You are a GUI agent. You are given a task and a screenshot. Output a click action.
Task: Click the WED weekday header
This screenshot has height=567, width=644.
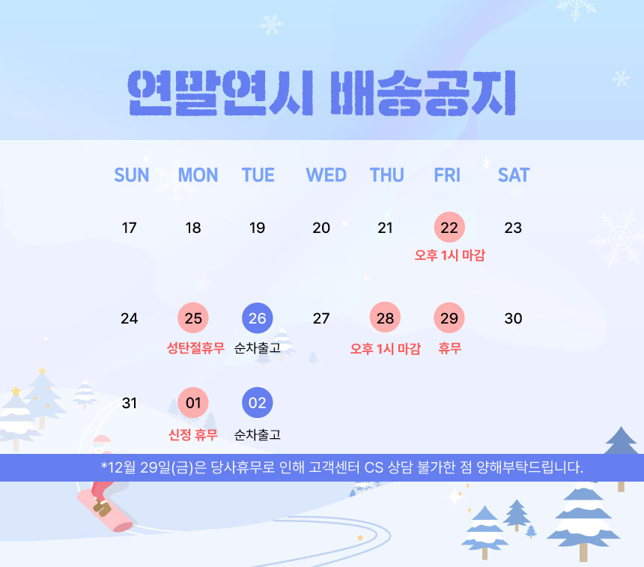326,175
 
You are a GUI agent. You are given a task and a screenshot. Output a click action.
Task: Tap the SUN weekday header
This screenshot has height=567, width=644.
132,175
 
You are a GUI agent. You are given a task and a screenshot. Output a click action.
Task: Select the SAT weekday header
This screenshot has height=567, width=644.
514,175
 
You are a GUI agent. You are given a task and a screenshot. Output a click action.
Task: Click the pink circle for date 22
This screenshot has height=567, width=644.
449,227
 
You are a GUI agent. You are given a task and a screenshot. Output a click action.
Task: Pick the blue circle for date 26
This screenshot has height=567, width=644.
258,318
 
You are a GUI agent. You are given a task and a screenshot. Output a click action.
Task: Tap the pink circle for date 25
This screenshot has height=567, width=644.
193,318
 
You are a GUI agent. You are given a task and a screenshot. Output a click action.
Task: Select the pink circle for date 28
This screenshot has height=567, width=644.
385,318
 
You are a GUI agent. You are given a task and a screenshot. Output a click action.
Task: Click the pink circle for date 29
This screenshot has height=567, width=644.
449,318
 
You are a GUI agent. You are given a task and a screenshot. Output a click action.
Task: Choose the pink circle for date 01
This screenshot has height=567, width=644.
193,403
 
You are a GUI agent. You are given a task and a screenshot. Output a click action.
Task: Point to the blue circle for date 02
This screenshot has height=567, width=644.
258,403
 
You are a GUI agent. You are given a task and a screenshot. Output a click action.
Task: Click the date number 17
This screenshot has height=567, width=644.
129,228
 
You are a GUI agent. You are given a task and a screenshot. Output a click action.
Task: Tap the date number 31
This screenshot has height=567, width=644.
129,403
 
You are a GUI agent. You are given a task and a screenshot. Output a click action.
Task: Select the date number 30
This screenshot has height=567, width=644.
514,318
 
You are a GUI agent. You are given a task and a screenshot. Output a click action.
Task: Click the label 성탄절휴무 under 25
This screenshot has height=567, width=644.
195,348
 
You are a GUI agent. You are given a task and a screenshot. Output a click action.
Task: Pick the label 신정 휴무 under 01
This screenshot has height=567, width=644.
193,434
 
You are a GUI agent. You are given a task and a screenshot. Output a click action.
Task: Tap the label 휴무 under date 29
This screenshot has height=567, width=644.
450,348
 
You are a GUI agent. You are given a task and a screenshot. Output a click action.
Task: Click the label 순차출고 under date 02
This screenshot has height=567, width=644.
258,434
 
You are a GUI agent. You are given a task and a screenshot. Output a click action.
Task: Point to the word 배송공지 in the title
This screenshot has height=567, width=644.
423,93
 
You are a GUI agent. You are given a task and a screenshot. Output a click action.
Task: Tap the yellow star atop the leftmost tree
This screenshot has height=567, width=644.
16,391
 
